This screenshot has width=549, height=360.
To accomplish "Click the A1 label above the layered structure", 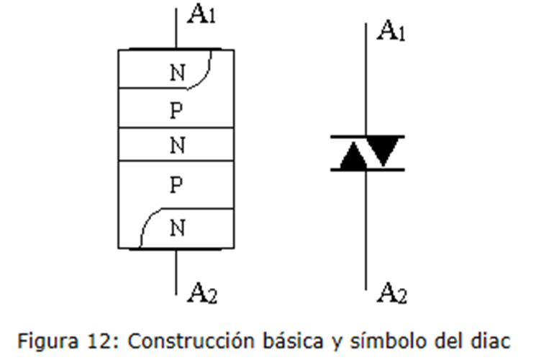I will tap(201, 15).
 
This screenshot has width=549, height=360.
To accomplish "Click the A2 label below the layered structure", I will tap(201, 292).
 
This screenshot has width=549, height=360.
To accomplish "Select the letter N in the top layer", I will tap(176, 72).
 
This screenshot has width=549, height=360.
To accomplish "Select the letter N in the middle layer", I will tap(176, 145).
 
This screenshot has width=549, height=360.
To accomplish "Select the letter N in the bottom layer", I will tap(176, 228).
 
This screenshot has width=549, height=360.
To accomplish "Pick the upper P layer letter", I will tap(176, 111).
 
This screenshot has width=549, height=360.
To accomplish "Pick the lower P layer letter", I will tap(176, 186).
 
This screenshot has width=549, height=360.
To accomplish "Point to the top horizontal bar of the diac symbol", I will tap(367, 136).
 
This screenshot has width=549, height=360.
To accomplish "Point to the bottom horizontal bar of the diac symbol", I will tap(367, 170).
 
